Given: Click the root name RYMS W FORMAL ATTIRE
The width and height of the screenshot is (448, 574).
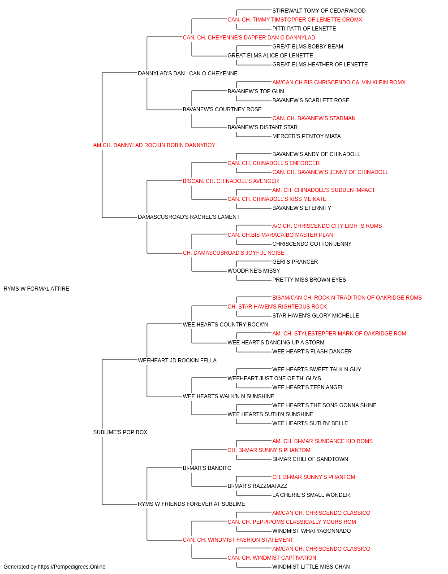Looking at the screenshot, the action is coord(36,289).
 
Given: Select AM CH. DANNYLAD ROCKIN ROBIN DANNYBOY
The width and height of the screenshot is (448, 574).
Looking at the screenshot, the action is coord(154,145).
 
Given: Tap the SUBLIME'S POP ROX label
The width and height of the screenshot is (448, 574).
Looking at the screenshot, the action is coord(120,432).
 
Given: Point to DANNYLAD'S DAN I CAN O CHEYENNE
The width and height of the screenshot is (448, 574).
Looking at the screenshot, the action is coord(188,74).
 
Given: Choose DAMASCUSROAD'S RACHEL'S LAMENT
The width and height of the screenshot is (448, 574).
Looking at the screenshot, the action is coord(189,217).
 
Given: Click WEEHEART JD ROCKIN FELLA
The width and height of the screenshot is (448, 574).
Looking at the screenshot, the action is coord(177,361).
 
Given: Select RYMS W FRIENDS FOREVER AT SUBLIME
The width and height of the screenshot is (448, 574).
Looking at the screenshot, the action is coord(191,504).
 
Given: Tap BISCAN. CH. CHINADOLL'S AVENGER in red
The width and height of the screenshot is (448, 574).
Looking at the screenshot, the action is coord(231,181).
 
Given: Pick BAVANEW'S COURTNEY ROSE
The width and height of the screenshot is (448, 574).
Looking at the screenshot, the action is coord(222,109).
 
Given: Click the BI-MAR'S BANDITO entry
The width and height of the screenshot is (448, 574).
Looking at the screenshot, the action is coord(207,468).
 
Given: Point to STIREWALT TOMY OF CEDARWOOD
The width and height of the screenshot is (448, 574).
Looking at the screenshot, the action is coord(319,11).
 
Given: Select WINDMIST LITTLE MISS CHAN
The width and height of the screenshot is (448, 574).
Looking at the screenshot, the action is coord(311,567).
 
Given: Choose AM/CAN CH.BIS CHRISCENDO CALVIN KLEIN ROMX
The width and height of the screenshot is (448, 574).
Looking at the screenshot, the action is coord(339,83).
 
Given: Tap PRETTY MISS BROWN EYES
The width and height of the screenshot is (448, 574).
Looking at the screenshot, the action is coord(309,280).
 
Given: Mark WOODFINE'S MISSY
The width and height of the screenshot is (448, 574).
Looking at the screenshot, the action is coord(254,271).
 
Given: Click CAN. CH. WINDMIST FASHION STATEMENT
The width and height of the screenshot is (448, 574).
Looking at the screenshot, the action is coord(238,539).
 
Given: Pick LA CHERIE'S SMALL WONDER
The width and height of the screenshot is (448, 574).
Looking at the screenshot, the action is coord(311,495).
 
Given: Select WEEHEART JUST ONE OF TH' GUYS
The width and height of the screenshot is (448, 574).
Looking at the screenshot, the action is coord(274,378).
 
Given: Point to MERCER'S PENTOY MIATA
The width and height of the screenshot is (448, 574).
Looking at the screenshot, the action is coord(306,136).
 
